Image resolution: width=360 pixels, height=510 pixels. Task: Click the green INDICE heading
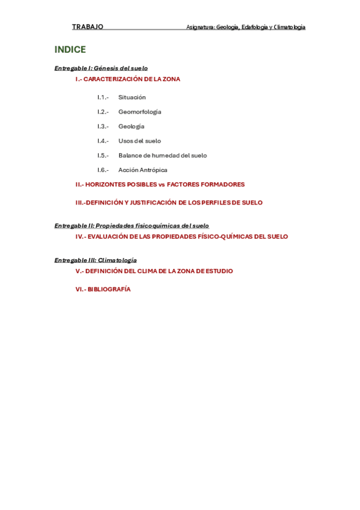[70, 50]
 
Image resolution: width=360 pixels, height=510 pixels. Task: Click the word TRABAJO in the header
[88, 27]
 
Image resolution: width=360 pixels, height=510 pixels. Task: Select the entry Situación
[132, 97]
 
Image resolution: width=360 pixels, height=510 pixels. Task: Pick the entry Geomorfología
[139, 112]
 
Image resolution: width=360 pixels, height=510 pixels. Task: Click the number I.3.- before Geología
[103, 126]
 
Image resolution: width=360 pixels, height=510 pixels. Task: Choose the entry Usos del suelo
[139, 141]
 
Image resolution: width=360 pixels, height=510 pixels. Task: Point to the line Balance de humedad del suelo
[162, 155]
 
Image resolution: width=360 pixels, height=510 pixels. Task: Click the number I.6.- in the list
[103, 170]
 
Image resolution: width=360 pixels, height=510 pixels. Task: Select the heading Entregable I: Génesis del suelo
[101, 69]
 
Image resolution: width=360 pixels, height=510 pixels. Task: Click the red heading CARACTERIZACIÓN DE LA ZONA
[132, 79]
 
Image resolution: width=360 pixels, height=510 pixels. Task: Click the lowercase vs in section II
[161, 185]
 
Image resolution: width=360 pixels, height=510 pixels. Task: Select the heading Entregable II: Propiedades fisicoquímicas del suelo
[132, 226]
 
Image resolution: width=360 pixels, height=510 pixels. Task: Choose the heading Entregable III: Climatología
[96, 260]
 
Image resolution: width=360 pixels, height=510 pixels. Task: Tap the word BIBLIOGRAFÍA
[109, 289]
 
